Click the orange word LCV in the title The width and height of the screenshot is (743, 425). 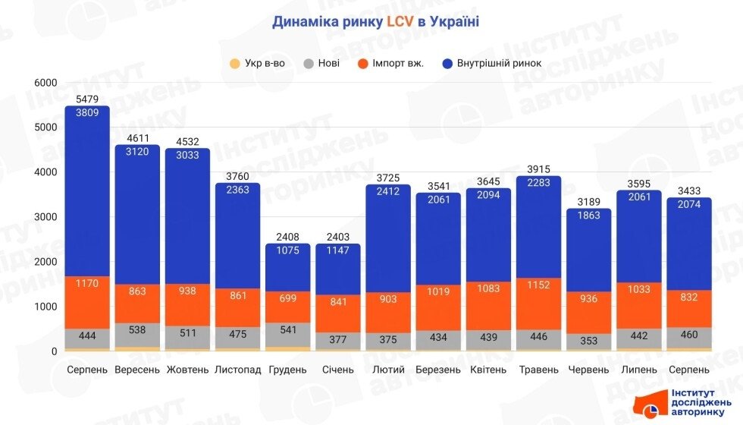400,22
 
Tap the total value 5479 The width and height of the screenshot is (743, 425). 87,99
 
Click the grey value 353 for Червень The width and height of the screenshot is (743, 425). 588,341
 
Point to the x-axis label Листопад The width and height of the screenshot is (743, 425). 237,370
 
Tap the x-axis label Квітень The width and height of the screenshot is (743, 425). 487,370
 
